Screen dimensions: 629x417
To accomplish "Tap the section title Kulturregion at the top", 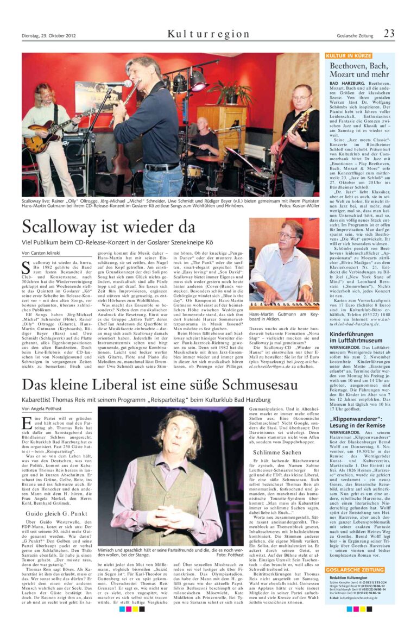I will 208,34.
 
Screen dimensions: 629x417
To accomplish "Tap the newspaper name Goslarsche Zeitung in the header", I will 355,36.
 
